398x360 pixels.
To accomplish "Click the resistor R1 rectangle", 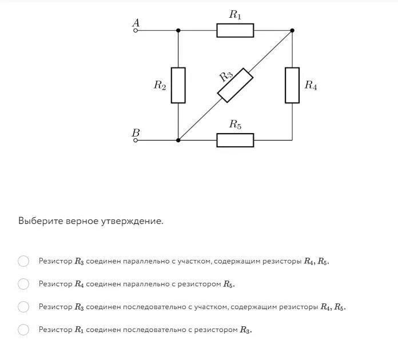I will (235, 30).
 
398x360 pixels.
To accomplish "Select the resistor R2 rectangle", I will (178, 85).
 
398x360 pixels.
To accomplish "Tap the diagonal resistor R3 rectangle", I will (236, 85).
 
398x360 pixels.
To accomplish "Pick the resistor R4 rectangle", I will (292, 85).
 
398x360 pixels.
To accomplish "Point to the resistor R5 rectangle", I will (235, 139).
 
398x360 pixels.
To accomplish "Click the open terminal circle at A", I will (136, 30).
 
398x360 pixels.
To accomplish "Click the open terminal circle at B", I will (136, 139).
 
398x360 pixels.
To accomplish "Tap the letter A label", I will (136, 22).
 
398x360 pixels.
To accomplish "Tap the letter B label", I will (136, 132).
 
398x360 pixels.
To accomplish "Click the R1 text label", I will (235, 15).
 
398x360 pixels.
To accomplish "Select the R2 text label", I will (160, 86).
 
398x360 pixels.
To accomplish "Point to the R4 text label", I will (311, 86).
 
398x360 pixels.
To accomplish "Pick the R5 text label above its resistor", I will (235, 125).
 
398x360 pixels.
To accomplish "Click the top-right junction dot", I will (292, 30).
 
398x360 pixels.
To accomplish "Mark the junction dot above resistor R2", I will (178, 30).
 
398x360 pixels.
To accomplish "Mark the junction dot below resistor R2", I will (178, 139).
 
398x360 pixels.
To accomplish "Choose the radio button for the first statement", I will (23, 261).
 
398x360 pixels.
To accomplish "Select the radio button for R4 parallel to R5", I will (23, 284).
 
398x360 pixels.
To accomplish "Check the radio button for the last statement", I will (23, 329).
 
